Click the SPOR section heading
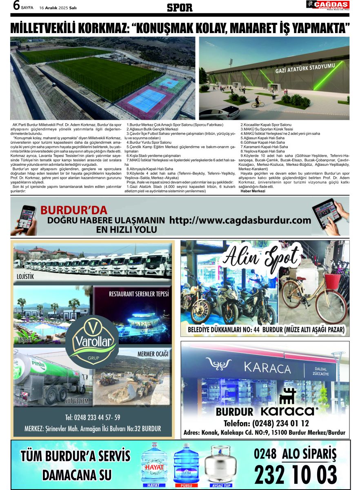point(180,7)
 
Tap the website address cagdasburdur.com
point(240,220)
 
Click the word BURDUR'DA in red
point(74,211)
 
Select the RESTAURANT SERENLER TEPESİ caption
point(139,294)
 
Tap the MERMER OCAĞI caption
point(153,354)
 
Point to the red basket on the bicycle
point(333,281)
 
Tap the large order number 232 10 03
point(296,474)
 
